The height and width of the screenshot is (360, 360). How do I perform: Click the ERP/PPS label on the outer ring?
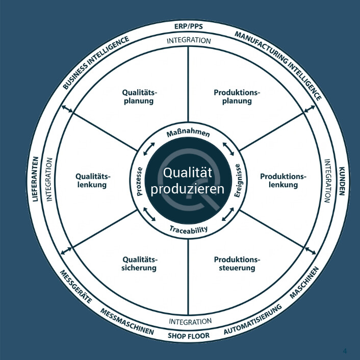[189, 27]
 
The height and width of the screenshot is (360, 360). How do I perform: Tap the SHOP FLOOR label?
[189, 336]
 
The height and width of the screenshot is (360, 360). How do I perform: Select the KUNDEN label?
[342, 181]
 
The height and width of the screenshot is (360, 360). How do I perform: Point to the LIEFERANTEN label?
[35, 179]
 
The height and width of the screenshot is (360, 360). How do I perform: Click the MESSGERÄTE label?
[76, 286]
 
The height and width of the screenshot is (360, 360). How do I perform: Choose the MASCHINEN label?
[304, 282]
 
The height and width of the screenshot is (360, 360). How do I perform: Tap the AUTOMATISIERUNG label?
[253, 319]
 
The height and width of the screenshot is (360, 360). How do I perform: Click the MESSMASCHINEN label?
[127, 321]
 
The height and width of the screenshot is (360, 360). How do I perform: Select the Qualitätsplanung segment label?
[139, 97]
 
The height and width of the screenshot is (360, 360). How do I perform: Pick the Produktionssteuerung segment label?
[237, 264]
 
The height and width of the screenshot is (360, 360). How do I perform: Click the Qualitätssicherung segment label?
[140, 264]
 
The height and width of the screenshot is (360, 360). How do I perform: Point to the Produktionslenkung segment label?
[283, 181]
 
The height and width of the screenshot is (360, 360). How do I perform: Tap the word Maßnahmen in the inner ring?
[188, 134]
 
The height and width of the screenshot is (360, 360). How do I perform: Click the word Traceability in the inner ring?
[189, 229]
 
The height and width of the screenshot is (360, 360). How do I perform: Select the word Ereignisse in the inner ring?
[238, 181]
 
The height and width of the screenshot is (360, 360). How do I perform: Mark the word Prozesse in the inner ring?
[139, 182]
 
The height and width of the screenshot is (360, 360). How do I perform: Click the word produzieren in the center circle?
[187, 189]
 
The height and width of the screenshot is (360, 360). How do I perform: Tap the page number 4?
[345, 351]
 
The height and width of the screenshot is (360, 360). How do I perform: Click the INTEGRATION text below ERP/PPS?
[189, 41]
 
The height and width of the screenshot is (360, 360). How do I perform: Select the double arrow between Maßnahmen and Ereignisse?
[228, 149]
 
